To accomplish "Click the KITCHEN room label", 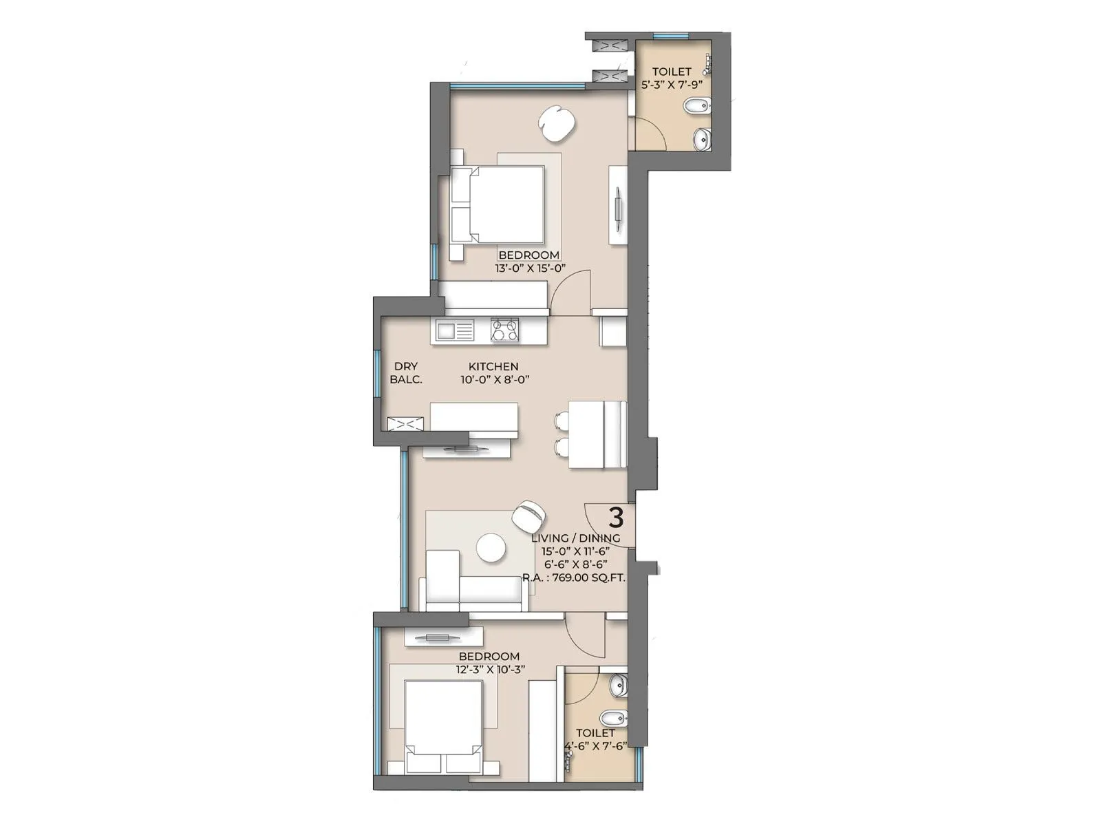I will click(x=493, y=367).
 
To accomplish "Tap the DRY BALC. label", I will click(x=405, y=373).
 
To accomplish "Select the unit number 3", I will click(x=617, y=516).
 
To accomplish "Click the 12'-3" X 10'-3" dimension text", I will click(x=490, y=669).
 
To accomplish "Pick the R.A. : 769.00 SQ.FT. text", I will click(x=574, y=578).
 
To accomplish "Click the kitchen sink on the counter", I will click(x=454, y=331).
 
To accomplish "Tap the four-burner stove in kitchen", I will click(x=504, y=330).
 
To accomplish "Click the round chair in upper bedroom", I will click(x=556, y=123).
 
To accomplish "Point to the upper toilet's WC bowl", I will click(x=697, y=107).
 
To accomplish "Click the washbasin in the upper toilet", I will click(x=702, y=139).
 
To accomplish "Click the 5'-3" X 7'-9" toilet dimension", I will click(x=672, y=85).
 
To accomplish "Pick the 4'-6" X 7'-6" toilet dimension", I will click(x=595, y=746).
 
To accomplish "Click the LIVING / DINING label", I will click(x=575, y=538).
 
